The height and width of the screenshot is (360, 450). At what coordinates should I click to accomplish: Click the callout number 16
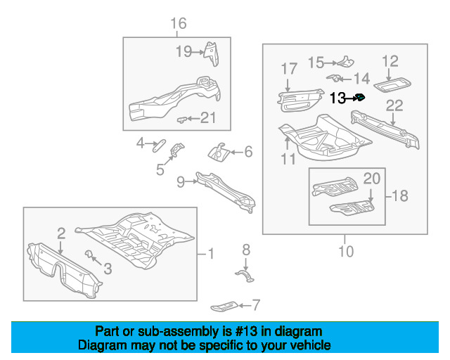[x=179, y=24]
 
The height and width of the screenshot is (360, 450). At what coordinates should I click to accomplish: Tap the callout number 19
[x=184, y=51]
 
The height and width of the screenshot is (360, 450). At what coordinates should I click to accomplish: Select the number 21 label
[x=208, y=117]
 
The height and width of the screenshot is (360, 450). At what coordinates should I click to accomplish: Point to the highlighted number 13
[x=337, y=98]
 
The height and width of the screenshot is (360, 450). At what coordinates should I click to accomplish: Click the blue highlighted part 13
[x=359, y=97]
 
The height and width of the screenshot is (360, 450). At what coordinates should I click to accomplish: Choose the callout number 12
[x=390, y=62]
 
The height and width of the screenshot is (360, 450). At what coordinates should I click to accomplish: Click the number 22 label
[x=394, y=105]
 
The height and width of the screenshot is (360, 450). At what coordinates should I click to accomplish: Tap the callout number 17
[x=289, y=69]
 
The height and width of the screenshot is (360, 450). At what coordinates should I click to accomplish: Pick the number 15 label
[x=316, y=63]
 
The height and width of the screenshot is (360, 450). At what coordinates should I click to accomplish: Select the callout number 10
[x=346, y=251]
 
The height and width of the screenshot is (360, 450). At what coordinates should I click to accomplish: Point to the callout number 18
[x=399, y=196]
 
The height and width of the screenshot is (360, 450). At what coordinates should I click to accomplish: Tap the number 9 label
[x=181, y=182]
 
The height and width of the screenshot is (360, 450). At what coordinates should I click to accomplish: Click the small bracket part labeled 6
[x=219, y=151]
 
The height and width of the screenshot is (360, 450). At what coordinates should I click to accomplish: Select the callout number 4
[x=141, y=144]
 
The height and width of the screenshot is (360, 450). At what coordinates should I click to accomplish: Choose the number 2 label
[x=61, y=232]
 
